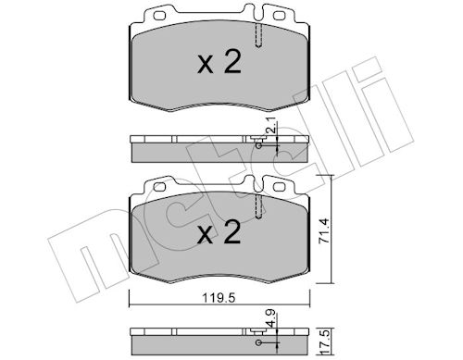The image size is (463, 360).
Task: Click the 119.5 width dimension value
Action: click(x=219, y=299)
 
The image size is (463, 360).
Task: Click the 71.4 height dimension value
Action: click(x=324, y=231)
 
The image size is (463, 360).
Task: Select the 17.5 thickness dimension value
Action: click(x=326, y=341)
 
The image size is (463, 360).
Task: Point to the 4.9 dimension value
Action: click(x=271, y=320)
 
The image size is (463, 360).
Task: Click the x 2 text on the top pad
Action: click(x=219, y=63)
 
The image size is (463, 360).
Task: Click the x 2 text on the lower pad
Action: click(x=219, y=232)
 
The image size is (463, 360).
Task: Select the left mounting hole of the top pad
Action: click(x=159, y=16)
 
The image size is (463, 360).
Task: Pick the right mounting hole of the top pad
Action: click(x=280, y=16)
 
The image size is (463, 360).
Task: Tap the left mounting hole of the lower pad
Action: click(x=159, y=187)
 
